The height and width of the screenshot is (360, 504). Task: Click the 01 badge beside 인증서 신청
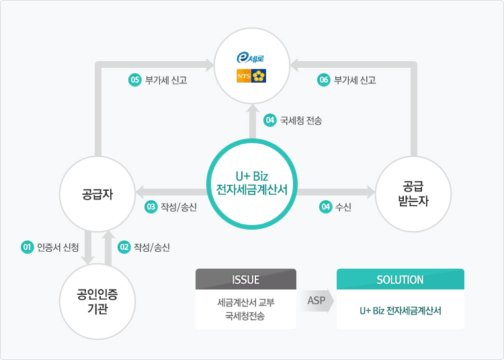point(28,247)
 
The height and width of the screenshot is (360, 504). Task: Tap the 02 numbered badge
point(124,247)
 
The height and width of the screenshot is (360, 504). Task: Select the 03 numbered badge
point(151,207)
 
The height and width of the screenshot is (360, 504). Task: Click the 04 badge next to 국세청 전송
point(270,121)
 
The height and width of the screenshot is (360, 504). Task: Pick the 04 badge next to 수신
point(325,207)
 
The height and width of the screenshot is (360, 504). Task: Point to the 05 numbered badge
point(134,80)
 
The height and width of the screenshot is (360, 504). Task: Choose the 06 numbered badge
point(324,80)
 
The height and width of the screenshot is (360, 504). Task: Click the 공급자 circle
point(98,195)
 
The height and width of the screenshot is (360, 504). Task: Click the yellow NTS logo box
point(243,76)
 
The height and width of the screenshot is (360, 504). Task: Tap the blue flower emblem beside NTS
point(259,76)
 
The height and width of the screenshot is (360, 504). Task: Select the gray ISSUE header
point(246,279)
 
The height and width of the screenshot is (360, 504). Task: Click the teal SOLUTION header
point(400,279)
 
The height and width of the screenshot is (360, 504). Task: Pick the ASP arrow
point(317,300)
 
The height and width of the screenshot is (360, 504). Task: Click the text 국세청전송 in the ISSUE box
point(246,316)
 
